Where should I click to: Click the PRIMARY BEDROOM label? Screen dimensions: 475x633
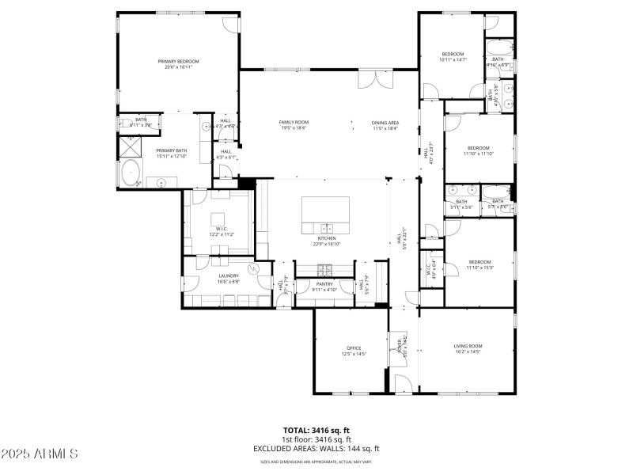[x=178, y=61]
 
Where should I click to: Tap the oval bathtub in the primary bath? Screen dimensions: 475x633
[x=130, y=173]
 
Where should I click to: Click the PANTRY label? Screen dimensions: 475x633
[x=324, y=283]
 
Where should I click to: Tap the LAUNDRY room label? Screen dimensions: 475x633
[x=229, y=275]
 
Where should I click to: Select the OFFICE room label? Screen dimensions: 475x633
[x=354, y=348]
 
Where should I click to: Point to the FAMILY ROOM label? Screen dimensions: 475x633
[x=294, y=122]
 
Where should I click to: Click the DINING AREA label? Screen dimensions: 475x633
[x=385, y=123]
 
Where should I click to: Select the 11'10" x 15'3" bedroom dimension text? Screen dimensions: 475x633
[x=479, y=268]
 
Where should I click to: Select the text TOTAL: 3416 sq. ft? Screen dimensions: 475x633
[x=316, y=430]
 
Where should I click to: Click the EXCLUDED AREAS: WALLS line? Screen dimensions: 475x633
[x=316, y=448]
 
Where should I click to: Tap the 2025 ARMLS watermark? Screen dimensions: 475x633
[x=40, y=454]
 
